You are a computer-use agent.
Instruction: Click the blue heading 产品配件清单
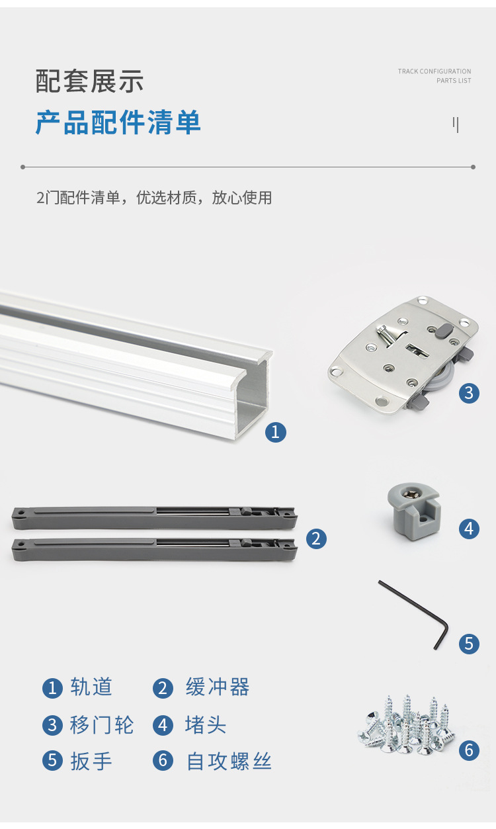point(118,123)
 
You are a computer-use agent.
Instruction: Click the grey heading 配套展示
point(89,82)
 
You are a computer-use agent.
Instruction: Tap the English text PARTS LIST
point(454,81)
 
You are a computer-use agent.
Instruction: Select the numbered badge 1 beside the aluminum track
point(276,432)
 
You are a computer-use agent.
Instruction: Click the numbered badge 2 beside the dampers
point(315,539)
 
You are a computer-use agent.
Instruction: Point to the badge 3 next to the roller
point(469,393)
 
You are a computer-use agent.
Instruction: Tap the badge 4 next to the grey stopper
point(469,529)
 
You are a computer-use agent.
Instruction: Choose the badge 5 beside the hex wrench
point(469,643)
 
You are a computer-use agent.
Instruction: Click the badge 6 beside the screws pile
point(469,750)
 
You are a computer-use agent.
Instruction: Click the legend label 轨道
point(91,687)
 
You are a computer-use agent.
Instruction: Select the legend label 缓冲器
point(218,687)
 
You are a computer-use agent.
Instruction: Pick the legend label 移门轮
point(102,725)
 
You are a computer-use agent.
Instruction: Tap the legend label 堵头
point(206,725)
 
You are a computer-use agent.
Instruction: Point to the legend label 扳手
point(91,761)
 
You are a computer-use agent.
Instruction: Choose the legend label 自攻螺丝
point(229,761)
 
